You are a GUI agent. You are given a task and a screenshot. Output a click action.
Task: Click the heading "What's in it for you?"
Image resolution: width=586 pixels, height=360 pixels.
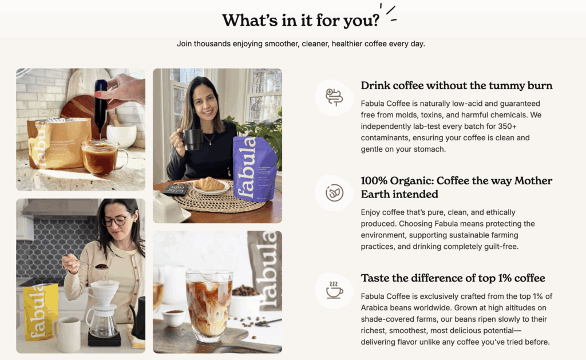click(x=300, y=20)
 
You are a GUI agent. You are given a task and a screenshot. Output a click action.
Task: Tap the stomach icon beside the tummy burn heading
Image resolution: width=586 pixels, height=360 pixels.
click(x=334, y=97)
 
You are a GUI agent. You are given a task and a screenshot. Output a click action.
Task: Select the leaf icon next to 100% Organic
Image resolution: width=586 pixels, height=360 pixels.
click(x=334, y=193)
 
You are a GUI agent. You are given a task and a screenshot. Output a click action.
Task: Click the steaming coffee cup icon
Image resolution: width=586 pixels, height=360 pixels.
click(x=334, y=290)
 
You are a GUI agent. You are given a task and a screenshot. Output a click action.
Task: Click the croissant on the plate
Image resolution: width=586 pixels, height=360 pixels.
click(x=209, y=184)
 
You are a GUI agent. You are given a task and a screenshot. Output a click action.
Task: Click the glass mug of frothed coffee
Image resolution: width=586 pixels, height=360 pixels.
click(x=103, y=157)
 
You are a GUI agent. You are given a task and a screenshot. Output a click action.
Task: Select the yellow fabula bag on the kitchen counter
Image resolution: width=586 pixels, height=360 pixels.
click(x=41, y=312)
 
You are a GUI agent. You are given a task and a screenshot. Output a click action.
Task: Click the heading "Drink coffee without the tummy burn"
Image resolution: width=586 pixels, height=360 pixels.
click(x=456, y=86)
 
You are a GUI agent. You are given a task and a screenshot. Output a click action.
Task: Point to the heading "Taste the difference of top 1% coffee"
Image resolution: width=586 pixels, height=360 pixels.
click(x=453, y=278)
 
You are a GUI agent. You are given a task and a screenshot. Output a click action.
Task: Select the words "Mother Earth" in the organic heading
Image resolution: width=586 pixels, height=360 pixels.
click(x=456, y=187)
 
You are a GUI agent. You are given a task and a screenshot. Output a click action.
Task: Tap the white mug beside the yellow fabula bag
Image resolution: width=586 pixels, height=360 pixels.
click(x=68, y=334)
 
